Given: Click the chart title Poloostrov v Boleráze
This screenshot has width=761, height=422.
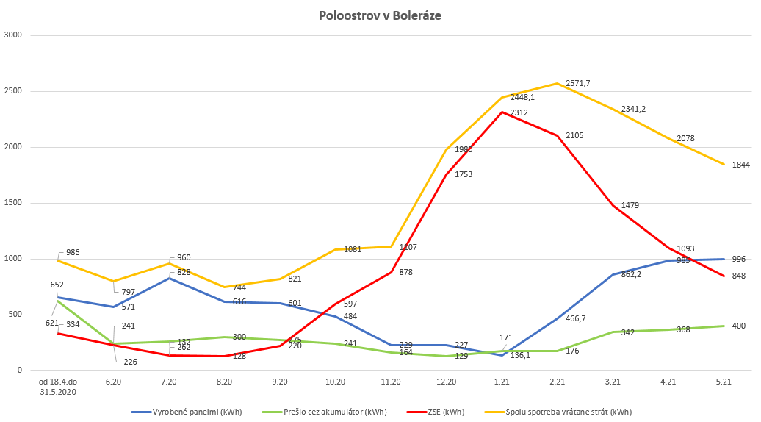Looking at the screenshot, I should (x=380, y=15).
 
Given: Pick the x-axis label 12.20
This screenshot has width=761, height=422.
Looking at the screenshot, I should (x=447, y=382).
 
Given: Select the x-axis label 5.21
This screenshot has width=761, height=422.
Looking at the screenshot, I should (x=724, y=382).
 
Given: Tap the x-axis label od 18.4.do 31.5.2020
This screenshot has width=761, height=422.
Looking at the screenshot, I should (x=57, y=387).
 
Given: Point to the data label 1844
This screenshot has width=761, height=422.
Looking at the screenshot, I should (x=740, y=165).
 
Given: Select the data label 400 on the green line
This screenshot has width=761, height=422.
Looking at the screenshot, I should (x=739, y=325).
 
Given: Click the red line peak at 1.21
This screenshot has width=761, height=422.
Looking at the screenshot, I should (x=502, y=112).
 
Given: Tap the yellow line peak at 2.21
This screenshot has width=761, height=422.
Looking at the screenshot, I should (x=558, y=83).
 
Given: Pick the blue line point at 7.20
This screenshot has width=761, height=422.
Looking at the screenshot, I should (x=169, y=278).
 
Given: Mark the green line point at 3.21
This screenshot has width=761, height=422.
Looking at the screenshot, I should (x=613, y=332).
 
